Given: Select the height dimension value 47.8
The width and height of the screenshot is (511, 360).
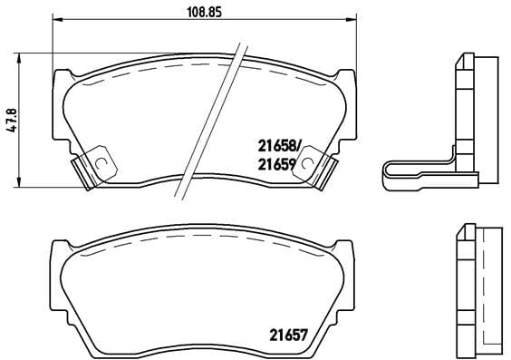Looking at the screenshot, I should pos(12,120).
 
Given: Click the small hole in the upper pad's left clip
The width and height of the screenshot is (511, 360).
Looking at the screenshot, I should pos(102,164).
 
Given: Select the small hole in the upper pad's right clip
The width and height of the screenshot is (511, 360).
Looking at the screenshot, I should pos(307,164).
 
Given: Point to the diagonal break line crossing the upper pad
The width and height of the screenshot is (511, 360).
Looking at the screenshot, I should pos(214,117).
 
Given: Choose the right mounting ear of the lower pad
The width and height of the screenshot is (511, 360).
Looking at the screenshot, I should pos(348,250).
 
